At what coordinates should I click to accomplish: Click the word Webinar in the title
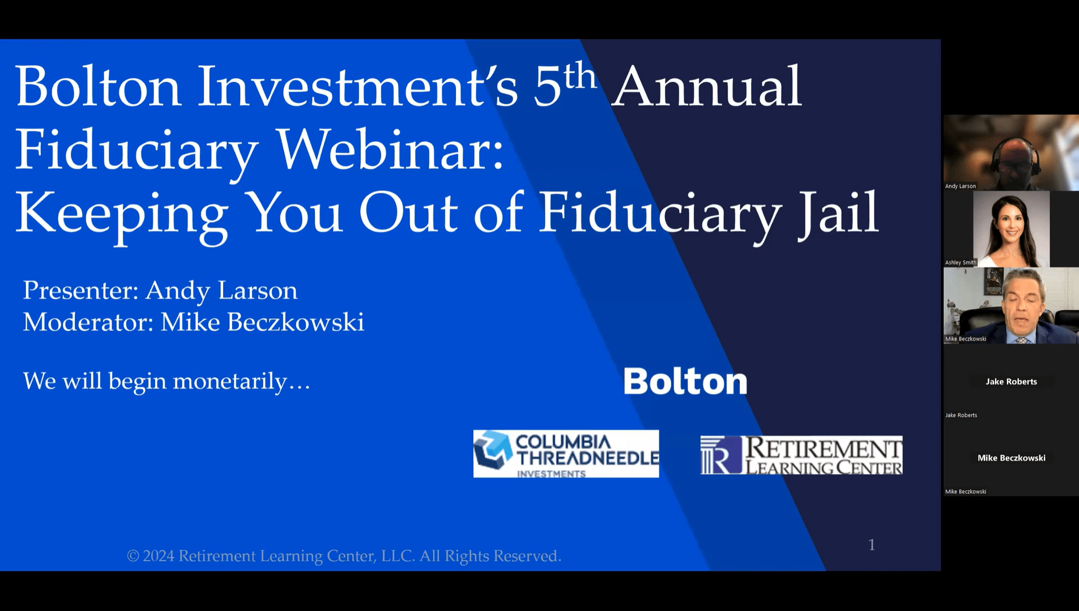390,149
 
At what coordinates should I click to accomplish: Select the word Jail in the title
838,213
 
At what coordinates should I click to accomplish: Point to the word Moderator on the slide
88,322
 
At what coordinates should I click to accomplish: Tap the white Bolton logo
685,381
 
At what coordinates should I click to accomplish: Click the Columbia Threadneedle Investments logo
566,454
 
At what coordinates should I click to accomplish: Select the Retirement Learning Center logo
801,455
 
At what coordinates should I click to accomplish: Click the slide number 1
872,545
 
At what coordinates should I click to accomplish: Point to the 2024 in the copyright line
159,556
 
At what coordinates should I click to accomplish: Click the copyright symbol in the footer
133,556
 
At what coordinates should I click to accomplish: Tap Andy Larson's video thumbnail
1011,153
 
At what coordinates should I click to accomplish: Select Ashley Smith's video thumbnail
1011,229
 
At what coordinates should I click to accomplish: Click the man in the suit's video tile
1011,306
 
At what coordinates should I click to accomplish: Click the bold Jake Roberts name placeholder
1011,382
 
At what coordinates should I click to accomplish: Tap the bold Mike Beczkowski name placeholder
1012,458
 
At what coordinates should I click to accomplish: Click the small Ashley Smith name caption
961,262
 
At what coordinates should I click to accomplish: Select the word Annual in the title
707,87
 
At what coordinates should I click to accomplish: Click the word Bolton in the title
98,87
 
